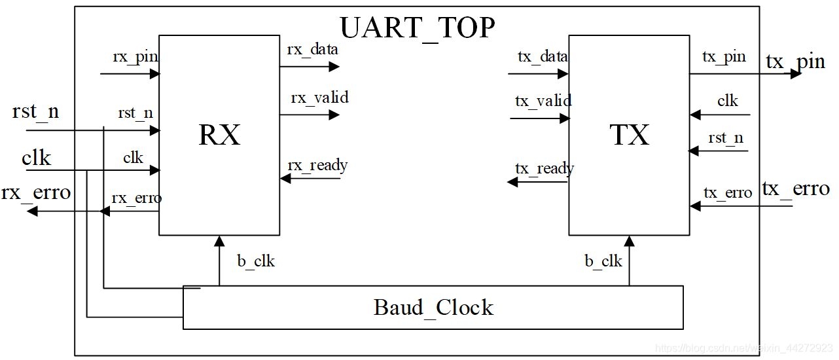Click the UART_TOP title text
(x=417, y=27)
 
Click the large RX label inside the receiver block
(x=220, y=135)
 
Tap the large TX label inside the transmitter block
(x=629, y=134)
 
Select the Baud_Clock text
(x=433, y=307)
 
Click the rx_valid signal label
(x=319, y=98)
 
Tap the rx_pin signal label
(x=135, y=56)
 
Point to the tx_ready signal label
(x=544, y=168)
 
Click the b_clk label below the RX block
(x=256, y=261)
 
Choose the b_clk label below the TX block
(x=603, y=261)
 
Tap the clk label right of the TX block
(x=727, y=101)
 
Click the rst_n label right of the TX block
(x=726, y=138)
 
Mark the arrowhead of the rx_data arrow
(x=334, y=66)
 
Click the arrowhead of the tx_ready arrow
(x=514, y=182)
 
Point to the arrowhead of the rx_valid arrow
(x=334, y=115)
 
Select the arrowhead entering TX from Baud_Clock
(x=630, y=242)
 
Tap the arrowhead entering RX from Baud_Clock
(x=219, y=242)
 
